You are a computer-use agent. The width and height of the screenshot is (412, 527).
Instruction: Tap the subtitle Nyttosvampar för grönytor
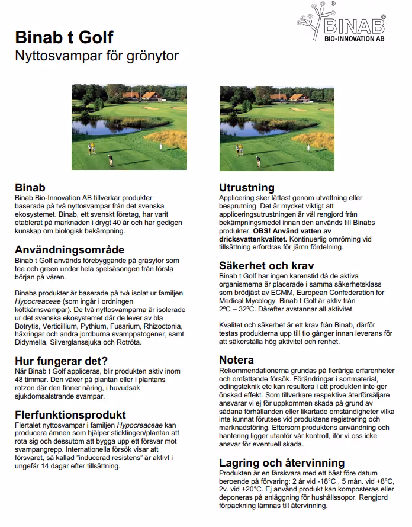96,56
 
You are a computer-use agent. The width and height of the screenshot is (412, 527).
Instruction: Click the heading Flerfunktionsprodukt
70,415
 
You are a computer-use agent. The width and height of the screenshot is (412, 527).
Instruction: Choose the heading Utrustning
247,188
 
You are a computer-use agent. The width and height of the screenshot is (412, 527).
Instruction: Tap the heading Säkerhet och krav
266,265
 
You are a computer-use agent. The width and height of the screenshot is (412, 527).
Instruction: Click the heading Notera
237,360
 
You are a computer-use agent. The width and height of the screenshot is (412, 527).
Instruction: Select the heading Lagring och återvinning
282,462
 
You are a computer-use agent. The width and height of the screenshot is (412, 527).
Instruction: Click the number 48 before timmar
20,380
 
